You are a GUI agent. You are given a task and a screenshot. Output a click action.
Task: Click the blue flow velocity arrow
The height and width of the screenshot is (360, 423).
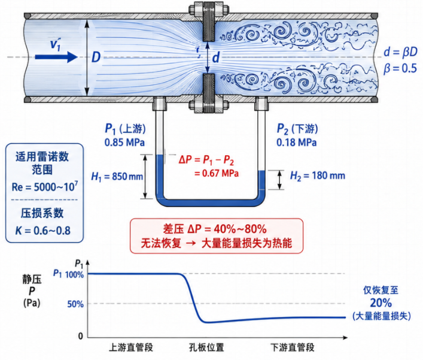(56, 57)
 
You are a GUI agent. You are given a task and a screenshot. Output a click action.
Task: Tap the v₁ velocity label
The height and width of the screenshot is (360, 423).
(56, 44)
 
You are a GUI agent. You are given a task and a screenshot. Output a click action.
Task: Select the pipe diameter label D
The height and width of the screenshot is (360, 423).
(96, 58)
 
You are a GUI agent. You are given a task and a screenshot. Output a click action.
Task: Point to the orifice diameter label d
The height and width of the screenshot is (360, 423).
(216, 58)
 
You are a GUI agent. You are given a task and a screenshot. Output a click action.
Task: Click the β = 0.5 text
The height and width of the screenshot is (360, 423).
(400, 68)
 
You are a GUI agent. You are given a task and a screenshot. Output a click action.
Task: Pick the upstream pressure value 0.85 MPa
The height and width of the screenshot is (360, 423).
(124, 143)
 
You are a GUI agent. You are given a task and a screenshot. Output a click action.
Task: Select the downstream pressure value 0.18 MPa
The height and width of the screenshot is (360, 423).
(297, 143)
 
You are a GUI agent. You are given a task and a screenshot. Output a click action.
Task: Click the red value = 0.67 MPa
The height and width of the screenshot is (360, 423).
(217, 173)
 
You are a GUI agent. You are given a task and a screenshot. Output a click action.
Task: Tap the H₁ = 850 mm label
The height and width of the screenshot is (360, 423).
(117, 177)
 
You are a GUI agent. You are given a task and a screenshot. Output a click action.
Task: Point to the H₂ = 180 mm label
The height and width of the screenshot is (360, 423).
(318, 176)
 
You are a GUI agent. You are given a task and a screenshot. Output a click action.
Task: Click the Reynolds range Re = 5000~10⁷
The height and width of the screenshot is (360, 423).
(45, 186)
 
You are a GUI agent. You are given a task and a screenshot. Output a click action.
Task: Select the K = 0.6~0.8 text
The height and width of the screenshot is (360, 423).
(43, 231)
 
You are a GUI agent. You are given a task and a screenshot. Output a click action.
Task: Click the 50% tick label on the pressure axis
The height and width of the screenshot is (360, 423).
(75, 304)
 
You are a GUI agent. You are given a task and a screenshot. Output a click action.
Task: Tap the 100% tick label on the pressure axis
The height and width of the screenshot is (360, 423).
(74, 275)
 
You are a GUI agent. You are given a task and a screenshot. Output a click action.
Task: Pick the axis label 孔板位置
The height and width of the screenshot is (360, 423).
(206, 347)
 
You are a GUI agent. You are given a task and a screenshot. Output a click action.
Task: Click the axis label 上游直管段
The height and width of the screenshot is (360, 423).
(131, 347)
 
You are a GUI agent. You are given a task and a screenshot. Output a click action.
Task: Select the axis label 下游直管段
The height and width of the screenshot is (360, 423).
(293, 347)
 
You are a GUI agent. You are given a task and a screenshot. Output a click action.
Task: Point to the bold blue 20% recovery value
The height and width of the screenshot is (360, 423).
(381, 302)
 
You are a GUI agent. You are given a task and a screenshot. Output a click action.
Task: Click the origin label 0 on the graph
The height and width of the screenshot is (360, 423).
(80, 336)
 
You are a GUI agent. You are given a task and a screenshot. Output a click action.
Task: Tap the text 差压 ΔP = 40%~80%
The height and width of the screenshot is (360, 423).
(215, 229)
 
